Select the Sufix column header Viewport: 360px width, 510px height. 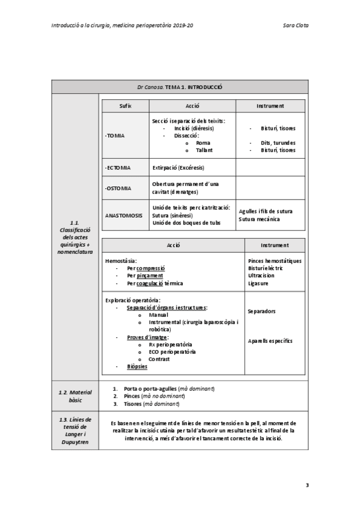[126, 106]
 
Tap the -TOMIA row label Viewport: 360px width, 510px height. [115, 136]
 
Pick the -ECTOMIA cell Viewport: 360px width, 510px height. [118, 168]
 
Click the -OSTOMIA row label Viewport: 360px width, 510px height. [118, 188]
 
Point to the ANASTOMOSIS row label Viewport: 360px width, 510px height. [124, 215]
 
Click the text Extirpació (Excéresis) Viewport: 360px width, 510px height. [180, 168]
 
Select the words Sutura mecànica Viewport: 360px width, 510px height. [259, 220]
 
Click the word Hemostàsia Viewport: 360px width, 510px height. [121, 261]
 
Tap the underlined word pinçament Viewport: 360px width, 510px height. [150, 276]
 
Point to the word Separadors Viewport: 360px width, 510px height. [262, 312]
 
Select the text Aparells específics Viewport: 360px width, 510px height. [270, 341]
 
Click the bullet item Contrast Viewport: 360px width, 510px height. [159, 359]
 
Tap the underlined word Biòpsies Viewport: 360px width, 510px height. [137, 366]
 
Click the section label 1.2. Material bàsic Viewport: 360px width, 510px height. [75, 396]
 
